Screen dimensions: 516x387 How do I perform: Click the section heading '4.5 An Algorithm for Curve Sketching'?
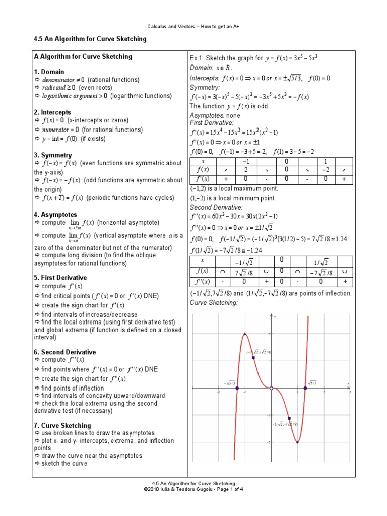point(89,39)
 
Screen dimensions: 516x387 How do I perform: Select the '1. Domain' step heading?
point(49,72)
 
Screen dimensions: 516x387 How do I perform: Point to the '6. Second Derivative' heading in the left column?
point(64,352)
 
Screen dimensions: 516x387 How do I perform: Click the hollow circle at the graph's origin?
point(271,388)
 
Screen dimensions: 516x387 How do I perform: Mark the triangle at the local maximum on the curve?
point(245,334)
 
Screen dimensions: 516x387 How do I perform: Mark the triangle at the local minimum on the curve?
point(297,442)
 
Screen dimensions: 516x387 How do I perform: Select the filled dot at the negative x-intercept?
point(237,388)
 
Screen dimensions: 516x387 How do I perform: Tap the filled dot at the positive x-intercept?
point(305,388)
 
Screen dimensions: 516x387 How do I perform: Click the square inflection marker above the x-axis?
point(252,358)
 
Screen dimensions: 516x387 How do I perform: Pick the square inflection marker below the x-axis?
point(289,418)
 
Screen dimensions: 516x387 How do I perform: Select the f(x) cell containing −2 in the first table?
point(326,170)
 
